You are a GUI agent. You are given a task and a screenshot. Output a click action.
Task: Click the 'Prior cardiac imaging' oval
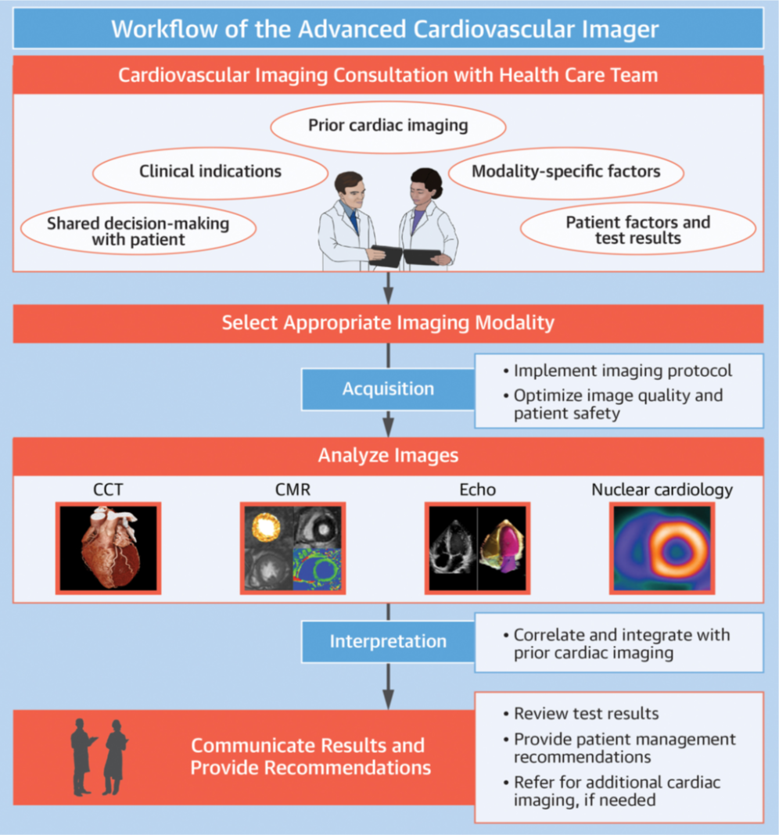pos(388,125)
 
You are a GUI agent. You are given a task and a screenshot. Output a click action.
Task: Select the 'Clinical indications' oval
pos(210,171)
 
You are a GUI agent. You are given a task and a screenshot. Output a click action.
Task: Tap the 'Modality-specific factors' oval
pos(565,170)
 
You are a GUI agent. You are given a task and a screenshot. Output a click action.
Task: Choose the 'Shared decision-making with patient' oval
pos(138,231)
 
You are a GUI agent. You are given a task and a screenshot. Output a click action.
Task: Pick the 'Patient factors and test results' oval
pos(637,230)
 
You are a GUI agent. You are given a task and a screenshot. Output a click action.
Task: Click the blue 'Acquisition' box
pos(388,389)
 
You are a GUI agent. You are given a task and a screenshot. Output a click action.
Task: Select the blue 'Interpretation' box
pos(388,641)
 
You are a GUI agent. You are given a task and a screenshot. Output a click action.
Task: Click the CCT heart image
pos(108,547)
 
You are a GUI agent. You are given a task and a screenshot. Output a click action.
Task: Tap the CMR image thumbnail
pos(293,547)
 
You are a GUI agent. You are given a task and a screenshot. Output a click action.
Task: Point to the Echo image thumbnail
pos(477,547)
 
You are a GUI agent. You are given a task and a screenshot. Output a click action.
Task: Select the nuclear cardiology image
pos(662,547)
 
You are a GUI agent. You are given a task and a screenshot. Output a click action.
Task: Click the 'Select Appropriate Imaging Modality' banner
pos(388,323)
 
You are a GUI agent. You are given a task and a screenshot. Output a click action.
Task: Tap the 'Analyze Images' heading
pos(388,455)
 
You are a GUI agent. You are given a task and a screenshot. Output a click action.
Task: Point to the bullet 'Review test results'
pos(586,713)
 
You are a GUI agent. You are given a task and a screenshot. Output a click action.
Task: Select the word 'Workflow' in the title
pos(156,29)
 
